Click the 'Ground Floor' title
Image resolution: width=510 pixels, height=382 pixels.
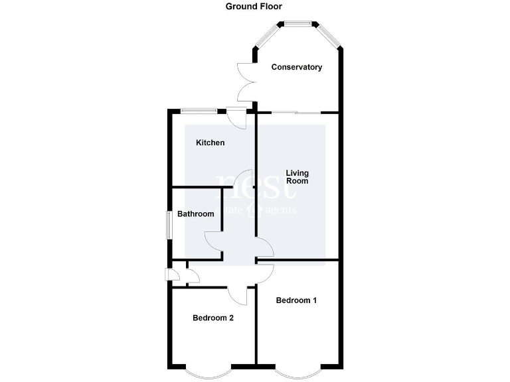point(254,7)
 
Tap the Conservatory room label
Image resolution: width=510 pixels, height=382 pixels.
point(297,67)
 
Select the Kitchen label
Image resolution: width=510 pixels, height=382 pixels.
point(210,143)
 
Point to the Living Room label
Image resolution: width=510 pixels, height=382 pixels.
point(297,177)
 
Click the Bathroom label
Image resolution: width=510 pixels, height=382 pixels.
point(195,214)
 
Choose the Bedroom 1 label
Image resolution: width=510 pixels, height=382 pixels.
point(296,300)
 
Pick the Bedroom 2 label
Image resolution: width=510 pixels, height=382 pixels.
point(212,318)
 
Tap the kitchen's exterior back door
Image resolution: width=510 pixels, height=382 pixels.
point(236,115)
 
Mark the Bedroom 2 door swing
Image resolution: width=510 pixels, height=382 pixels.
point(238,296)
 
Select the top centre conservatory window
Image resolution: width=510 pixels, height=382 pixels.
point(298,25)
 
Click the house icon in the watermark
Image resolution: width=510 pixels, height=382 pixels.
point(251,211)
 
